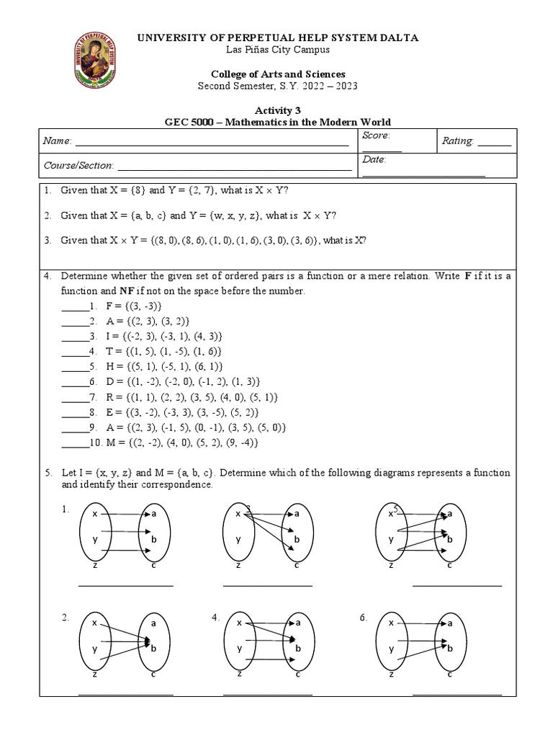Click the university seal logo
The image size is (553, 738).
point(100,63)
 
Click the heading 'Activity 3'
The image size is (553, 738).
point(277,108)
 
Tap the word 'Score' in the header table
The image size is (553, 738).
point(376,135)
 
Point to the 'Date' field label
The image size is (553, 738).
point(374,159)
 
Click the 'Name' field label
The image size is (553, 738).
point(57,142)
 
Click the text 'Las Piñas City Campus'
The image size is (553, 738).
point(277,49)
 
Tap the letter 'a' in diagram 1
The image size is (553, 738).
point(153,514)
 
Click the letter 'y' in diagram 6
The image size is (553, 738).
point(392,648)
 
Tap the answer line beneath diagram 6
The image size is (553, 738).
point(457,695)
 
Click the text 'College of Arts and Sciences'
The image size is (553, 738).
point(277,74)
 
